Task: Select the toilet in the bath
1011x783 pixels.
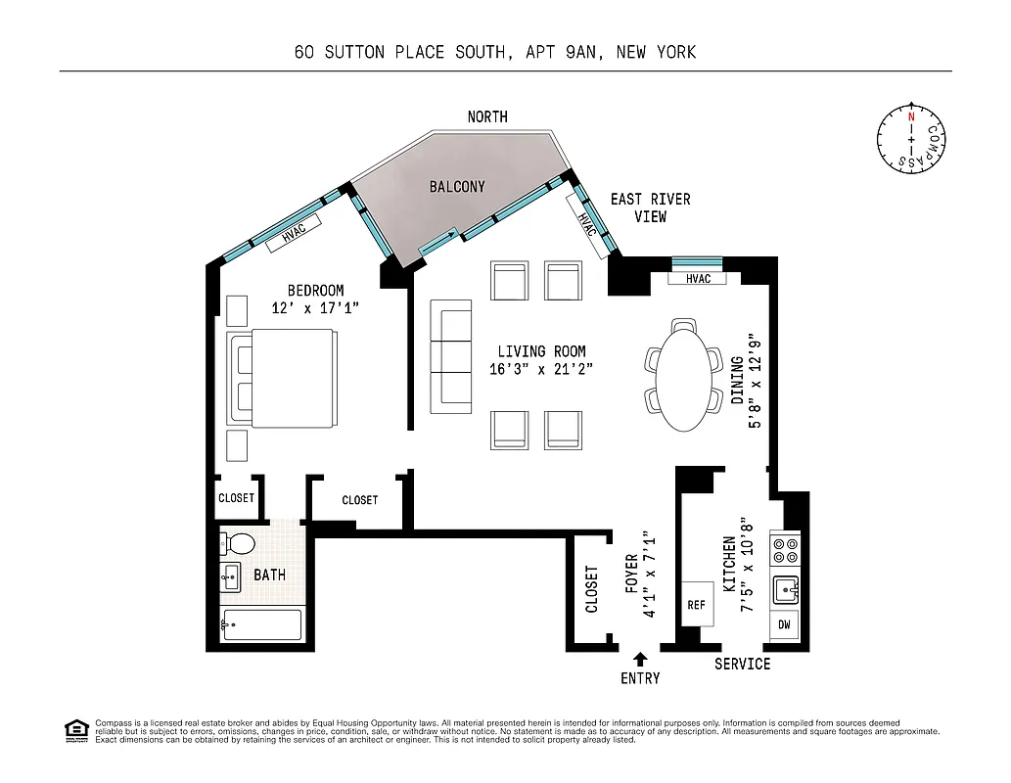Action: point(238,543)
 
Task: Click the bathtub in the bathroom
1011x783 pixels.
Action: point(262,624)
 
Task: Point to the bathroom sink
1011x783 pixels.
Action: point(231,577)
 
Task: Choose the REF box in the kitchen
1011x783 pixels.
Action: point(697,605)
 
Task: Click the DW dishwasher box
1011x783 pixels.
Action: point(785,624)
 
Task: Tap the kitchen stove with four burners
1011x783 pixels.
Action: point(785,551)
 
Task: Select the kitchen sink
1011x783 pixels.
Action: point(785,589)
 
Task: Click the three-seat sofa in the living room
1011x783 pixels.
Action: point(451,358)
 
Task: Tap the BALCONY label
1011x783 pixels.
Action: point(457,187)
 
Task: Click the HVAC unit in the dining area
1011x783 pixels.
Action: point(698,279)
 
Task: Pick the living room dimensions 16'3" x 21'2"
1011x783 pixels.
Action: point(541,369)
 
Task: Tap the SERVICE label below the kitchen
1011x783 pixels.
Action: point(742,665)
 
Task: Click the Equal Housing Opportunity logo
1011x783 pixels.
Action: point(74,730)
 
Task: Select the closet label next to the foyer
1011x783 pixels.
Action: point(591,590)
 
